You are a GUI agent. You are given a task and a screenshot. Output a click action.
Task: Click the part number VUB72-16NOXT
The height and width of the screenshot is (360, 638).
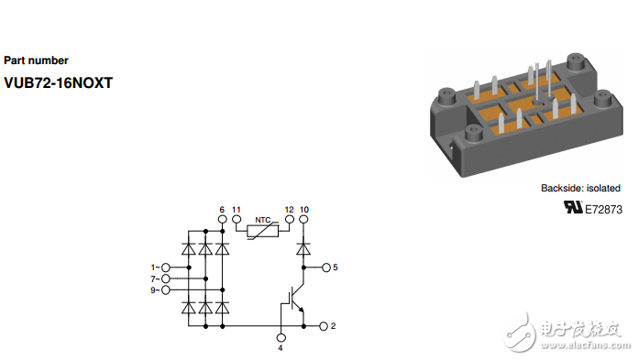point(58,83)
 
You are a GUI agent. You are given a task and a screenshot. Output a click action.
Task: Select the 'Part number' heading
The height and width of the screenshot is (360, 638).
point(37,60)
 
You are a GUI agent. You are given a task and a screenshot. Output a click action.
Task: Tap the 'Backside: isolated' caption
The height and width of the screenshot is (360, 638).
point(580,189)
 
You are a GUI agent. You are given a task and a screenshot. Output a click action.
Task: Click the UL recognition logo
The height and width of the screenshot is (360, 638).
point(573,207)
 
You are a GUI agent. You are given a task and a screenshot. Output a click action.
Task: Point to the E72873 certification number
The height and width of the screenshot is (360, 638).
point(603,210)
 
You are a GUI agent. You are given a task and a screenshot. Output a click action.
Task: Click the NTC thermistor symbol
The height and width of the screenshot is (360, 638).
point(263,231)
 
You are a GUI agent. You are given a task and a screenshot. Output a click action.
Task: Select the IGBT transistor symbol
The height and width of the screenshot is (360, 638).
point(293,299)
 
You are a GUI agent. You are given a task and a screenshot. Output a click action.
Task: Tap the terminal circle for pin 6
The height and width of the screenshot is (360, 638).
point(222,220)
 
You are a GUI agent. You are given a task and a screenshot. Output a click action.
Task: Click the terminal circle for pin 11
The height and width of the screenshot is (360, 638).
point(236,220)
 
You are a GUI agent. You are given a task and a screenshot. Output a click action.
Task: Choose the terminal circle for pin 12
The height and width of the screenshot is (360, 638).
point(290,220)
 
